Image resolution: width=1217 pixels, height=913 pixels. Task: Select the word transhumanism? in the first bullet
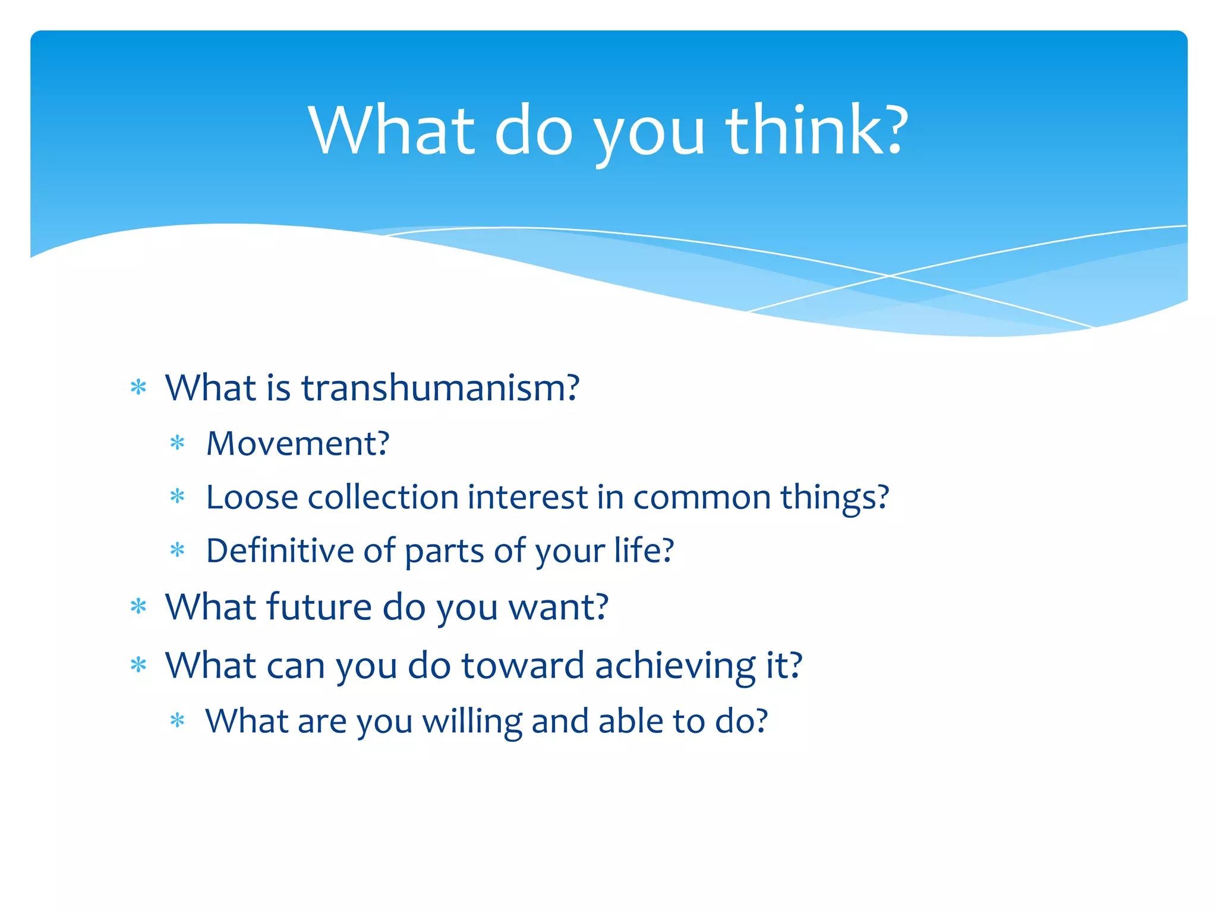(x=440, y=388)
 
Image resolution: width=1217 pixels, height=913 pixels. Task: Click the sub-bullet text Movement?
(x=298, y=443)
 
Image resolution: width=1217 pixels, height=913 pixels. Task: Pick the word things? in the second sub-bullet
(x=834, y=497)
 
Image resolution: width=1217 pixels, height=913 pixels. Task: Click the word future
(x=319, y=607)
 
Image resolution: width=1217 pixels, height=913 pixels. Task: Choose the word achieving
(x=674, y=665)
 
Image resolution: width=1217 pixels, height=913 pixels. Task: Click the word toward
(x=523, y=665)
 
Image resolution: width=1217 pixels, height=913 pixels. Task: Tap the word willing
(x=472, y=721)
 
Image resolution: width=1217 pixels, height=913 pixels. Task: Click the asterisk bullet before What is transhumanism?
(x=138, y=388)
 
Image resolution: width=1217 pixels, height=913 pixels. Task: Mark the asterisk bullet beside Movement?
(x=178, y=443)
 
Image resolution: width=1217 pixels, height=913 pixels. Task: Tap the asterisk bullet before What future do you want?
(x=138, y=606)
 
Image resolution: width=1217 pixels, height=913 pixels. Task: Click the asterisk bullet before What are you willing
(x=178, y=721)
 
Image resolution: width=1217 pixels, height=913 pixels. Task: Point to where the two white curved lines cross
(x=890, y=276)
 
